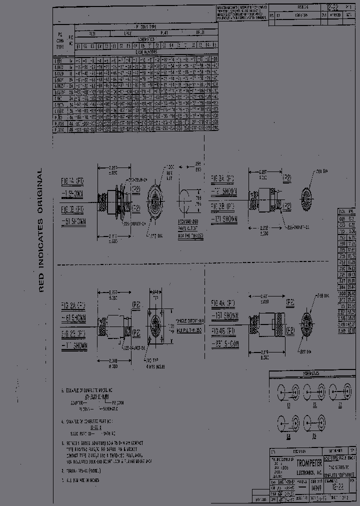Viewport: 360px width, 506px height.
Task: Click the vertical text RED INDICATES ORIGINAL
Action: (42, 230)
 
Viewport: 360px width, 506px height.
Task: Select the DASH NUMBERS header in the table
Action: (146, 51)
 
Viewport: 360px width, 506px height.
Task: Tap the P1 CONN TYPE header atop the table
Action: (146, 26)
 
